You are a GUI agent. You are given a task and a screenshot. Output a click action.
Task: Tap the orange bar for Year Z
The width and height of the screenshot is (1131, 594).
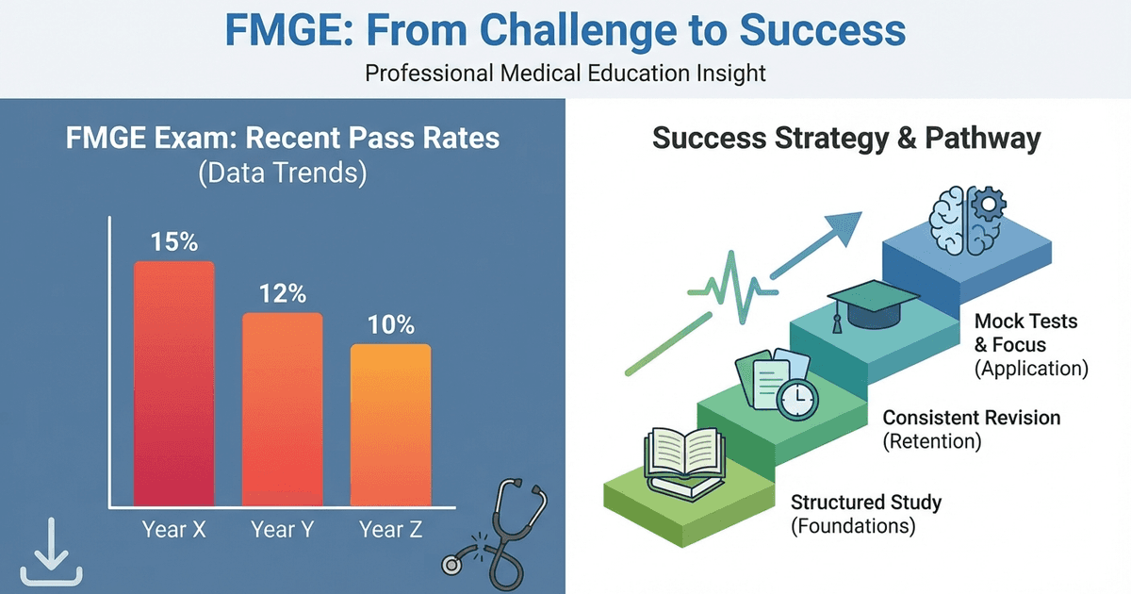click(x=390, y=424)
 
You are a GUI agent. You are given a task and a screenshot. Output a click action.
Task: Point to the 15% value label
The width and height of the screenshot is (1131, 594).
click(x=175, y=242)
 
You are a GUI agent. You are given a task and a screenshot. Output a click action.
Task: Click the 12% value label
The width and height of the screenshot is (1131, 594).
click(x=283, y=295)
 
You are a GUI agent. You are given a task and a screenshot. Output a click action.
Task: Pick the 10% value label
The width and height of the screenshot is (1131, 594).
click(x=391, y=325)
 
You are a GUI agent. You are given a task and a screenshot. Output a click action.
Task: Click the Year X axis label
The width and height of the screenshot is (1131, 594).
click(x=174, y=529)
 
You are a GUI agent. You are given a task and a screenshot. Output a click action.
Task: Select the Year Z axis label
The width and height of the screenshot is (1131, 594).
click(x=391, y=529)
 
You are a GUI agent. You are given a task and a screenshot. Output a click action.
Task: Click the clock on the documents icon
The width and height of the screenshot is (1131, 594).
click(x=797, y=399)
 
